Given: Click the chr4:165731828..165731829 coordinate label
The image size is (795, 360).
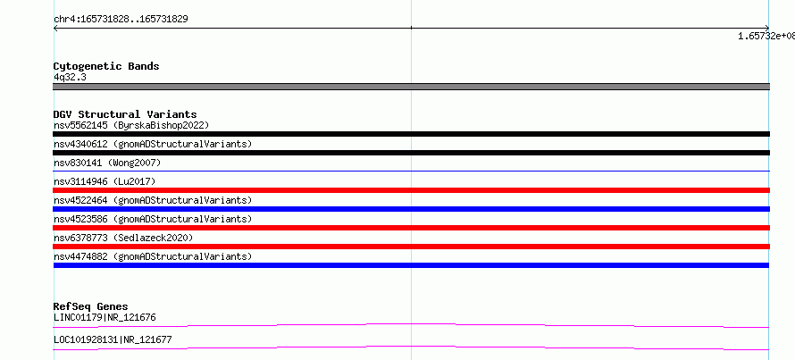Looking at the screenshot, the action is [121, 20].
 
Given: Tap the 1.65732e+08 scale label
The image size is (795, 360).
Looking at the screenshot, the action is [766, 36].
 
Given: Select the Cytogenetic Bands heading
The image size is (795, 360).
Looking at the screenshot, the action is [106, 66].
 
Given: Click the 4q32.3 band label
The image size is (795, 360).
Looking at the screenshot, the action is [70, 77].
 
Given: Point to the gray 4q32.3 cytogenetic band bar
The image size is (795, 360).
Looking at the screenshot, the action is [411, 87].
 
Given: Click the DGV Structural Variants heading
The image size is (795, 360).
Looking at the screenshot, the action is [125, 114].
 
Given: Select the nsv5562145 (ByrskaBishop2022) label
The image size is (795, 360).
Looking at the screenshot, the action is [131, 125].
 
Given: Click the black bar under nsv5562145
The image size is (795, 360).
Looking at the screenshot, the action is [411, 134].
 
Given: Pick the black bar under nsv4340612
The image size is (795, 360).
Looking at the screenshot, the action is [411, 153].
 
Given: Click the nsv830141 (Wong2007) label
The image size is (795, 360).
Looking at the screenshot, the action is [107, 163].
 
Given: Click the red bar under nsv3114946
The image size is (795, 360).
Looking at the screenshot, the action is [411, 190].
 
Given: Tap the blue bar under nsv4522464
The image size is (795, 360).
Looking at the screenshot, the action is [411, 209].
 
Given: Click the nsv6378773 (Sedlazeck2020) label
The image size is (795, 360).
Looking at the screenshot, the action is [123, 238].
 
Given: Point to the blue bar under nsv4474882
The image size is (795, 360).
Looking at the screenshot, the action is [411, 265].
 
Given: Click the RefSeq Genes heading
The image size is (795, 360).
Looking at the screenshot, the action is [91, 306].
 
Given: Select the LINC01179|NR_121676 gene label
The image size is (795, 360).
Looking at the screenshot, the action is [105, 318].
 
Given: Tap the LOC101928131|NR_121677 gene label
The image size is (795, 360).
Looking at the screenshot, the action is [113, 339].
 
